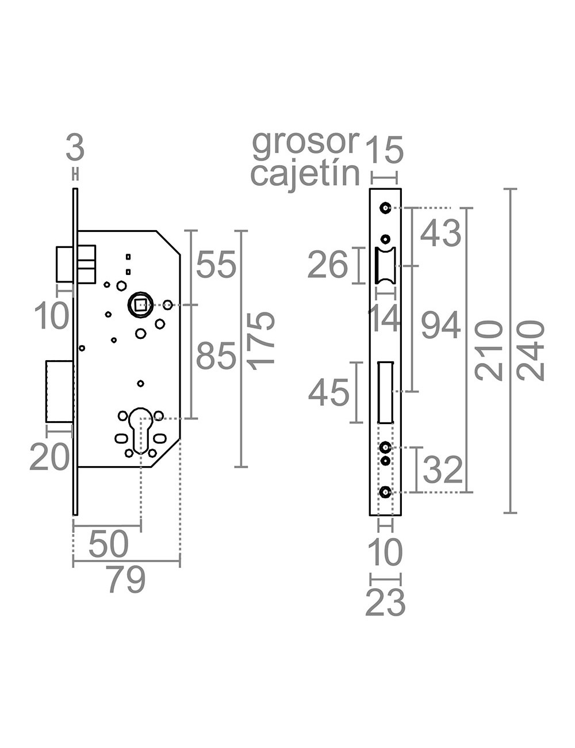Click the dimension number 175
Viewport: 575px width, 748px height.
pos(262,338)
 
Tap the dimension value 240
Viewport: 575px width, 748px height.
pos(531,350)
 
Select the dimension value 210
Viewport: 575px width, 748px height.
pos(489,350)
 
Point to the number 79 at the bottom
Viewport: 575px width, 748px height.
pos(126,580)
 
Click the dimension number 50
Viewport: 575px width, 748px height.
pos(109,544)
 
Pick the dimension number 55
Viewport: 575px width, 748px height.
pos(216,265)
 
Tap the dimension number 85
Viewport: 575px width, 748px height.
pos(216,356)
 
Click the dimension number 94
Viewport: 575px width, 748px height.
pos(441,326)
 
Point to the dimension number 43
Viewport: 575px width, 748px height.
pos(441,234)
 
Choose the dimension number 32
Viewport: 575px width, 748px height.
pos(443,470)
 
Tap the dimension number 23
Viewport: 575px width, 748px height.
pos(385,603)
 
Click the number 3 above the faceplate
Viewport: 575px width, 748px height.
pos(75,148)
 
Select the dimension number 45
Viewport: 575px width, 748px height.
pos(329,394)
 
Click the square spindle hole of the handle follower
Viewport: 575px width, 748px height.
pos(140,304)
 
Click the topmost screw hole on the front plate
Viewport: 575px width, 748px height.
pos(385,208)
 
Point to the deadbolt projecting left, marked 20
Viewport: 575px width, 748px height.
pos(59,392)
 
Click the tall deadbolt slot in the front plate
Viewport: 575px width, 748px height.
pos(385,392)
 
